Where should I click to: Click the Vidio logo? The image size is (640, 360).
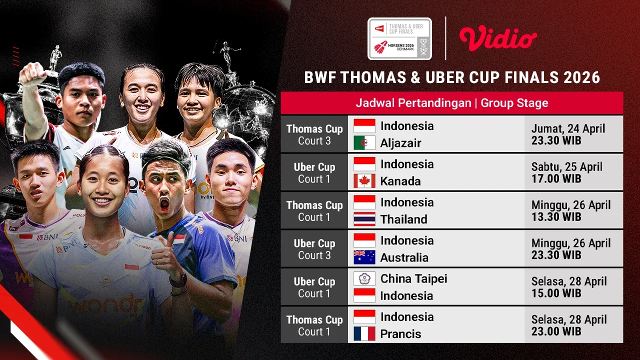498,39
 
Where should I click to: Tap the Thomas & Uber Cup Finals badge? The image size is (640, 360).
399,39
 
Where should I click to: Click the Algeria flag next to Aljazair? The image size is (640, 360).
364,143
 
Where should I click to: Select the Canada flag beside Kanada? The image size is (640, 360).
364,181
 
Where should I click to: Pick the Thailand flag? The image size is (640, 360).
364,219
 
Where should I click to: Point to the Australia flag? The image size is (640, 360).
364,257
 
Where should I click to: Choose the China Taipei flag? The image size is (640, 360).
364,278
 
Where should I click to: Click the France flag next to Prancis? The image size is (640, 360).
364,333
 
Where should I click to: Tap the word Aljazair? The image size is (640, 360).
400,143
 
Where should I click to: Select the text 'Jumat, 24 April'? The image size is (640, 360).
568,128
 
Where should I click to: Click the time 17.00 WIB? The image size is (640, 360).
556,178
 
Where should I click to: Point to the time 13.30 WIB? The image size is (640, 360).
556,217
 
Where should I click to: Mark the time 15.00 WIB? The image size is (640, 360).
556,293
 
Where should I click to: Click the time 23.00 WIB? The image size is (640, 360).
556,331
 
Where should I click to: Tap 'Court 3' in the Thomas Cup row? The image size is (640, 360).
314,141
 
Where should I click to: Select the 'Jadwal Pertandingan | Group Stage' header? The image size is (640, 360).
451,103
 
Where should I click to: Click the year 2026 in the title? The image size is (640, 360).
580,77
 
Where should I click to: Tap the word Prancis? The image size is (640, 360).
400,333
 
